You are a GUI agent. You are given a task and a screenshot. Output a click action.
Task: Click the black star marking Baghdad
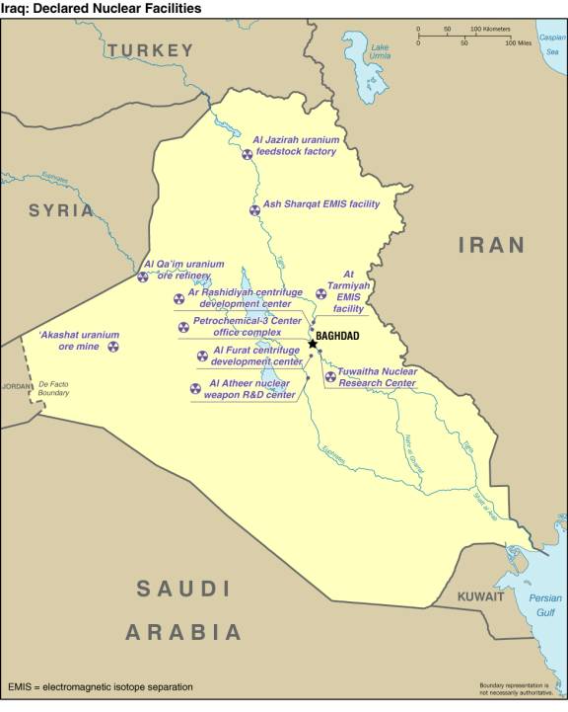(313, 343)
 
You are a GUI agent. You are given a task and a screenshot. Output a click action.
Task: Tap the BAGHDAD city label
(337, 336)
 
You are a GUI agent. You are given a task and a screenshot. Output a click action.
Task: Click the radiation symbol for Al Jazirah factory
(248, 153)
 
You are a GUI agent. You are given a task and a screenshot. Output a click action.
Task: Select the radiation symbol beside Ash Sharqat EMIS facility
(254, 210)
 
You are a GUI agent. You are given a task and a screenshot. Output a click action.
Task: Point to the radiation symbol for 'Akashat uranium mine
(112, 347)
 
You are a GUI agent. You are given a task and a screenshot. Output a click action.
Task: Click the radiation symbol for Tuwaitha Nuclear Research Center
(329, 376)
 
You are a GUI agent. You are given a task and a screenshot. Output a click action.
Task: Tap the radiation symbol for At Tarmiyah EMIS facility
(319, 292)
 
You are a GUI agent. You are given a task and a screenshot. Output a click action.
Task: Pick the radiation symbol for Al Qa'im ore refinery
(143, 277)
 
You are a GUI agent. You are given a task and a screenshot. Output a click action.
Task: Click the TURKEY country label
(151, 49)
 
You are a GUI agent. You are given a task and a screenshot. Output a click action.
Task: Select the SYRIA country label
(61, 210)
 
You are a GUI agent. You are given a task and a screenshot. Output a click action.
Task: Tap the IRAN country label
(491, 244)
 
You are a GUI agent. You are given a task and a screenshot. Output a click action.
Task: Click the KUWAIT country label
(480, 597)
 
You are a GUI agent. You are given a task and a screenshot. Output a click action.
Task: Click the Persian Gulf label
(544, 604)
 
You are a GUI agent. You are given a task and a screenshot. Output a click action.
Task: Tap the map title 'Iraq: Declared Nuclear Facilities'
(101, 8)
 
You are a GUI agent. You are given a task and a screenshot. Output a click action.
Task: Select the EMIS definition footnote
(101, 686)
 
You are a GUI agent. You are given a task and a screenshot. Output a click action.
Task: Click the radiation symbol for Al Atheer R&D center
(194, 387)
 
